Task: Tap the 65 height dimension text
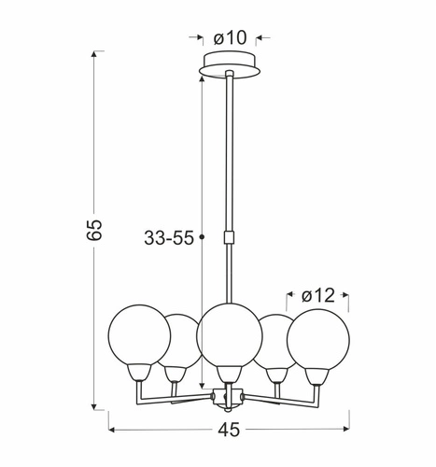93,231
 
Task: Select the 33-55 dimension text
169,238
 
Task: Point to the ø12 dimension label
317,296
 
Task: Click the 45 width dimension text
229,432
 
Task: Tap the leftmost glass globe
138,334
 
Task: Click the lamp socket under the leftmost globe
138,372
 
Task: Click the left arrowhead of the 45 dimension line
114,431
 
